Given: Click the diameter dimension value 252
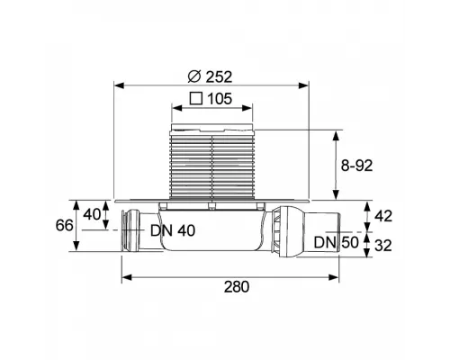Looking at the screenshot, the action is [x=219, y=77].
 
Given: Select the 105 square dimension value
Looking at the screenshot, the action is [x=220, y=99].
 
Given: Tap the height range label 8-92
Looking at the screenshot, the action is [x=356, y=166].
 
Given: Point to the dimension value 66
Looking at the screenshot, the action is [x=64, y=225].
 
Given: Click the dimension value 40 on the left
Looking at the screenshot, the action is [x=92, y=214].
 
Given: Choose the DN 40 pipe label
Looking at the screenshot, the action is [x=173, y=230].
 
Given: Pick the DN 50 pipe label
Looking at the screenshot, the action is [x=337, y=242].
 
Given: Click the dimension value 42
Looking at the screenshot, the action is [x=383, y=216].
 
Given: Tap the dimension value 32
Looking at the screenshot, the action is [x=383, y=246].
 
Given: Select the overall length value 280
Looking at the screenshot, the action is [x=237, y=287].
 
